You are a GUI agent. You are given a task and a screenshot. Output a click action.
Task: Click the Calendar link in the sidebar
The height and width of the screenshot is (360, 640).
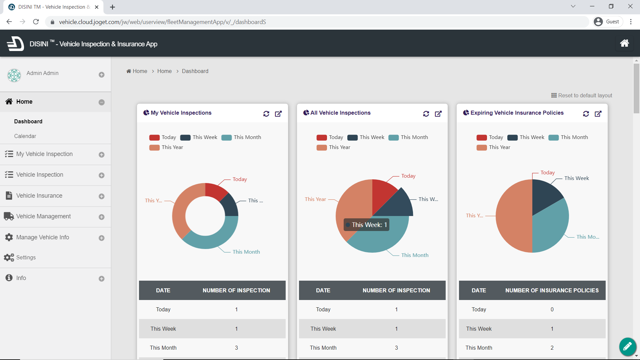[25, 136]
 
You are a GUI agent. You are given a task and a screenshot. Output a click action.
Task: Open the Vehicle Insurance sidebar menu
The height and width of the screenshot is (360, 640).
[39, 196]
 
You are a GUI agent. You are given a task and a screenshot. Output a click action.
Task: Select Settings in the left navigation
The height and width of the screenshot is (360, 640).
[26, 257]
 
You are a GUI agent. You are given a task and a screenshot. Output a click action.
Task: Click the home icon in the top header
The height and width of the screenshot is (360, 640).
[624, 43]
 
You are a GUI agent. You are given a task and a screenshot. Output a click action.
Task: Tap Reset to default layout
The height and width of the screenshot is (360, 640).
[582, 95]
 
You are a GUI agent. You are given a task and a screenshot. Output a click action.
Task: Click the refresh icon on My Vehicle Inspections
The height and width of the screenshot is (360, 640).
[266, 114]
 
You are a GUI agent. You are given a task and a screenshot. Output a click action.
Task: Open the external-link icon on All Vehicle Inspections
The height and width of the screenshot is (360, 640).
[438, 114]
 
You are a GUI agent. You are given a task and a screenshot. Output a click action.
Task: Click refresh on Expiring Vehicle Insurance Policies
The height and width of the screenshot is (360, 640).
[586, 114]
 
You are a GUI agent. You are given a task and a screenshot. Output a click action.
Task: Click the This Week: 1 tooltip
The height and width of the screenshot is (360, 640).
[366, 225]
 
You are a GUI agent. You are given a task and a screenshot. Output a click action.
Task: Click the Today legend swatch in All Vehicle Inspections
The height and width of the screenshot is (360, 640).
[322, 137]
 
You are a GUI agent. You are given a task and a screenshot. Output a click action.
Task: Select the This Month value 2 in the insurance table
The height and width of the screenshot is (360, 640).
[552, 348]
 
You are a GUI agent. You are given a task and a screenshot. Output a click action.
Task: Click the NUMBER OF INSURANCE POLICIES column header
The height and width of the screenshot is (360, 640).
[552, 290]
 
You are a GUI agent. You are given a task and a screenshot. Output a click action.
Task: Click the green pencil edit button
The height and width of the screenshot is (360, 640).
[627, 347]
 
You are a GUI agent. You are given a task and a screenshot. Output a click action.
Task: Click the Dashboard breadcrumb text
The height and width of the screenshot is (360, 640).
[195, 71]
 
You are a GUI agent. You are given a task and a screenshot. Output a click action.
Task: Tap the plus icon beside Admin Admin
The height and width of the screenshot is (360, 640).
[102, 75]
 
